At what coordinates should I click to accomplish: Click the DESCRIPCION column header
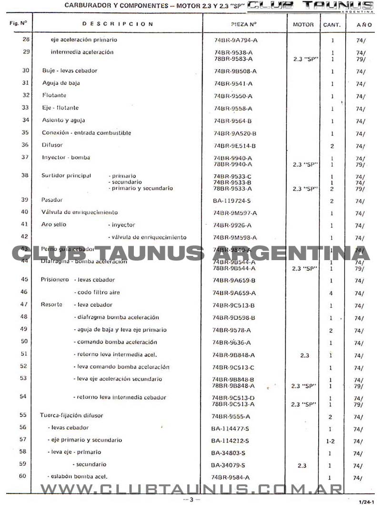point(118,24)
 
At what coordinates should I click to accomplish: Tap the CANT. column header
point(331,24)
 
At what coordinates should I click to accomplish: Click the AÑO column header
point(361,24)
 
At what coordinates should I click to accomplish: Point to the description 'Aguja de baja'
point(61,83)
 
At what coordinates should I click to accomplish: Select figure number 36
point(25,145)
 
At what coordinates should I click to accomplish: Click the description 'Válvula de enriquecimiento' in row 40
point(80,212)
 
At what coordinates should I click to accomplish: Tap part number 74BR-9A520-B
point(235,133)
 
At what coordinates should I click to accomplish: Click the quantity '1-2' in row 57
point(331,442)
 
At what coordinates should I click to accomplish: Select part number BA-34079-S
point(228,465)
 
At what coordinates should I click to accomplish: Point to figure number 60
point(23,476)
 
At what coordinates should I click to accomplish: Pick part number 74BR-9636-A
point(231,343)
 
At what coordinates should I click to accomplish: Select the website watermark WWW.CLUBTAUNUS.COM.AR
point(191,489)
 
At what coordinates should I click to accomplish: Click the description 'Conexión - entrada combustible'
point(86,133)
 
